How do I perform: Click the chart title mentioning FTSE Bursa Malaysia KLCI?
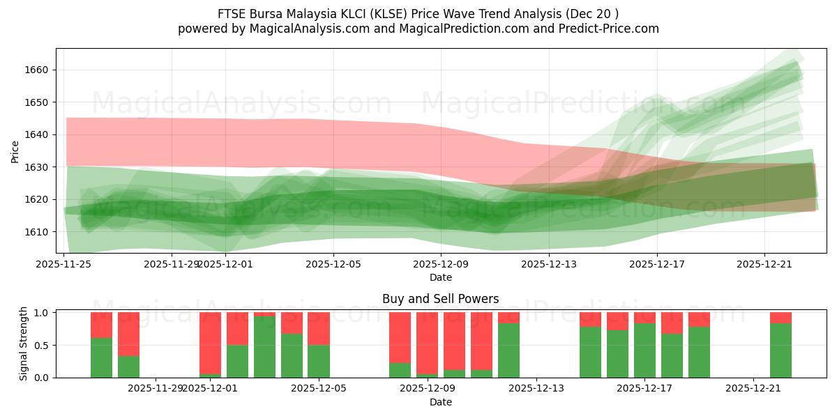click(418, 13)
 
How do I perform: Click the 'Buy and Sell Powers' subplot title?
click(440, 299)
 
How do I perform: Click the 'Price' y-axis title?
click(15, 150)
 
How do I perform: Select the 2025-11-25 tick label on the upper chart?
click(64, 264)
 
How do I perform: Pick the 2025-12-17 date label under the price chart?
click(656, 264)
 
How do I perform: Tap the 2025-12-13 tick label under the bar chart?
click(536, 389)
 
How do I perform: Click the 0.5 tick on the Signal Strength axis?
click(40, 345)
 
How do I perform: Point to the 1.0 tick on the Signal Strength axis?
click(40, 313)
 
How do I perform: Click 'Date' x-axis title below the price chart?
click(440, 277)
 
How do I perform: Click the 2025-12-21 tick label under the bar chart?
click(753, 389)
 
